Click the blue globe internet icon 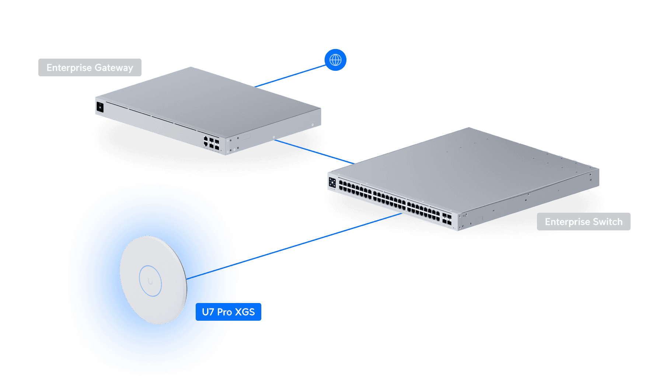[335, 60]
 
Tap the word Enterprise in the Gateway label [69, 68]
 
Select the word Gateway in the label [114, 68]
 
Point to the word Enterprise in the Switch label [568, 222]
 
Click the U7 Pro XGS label [228, 312]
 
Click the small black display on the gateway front [100, 107]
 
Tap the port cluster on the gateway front [212, 143]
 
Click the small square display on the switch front [332, 182]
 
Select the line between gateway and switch [313, 151]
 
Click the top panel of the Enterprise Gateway [206, 100]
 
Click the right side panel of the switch [531, 199]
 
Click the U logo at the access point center [150, 282]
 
